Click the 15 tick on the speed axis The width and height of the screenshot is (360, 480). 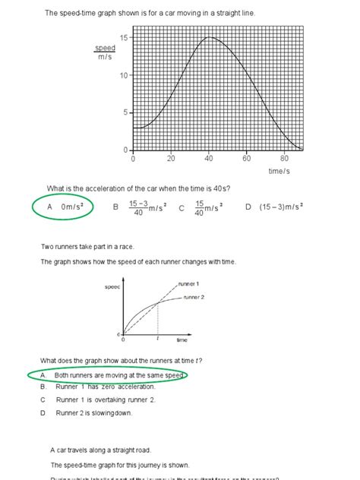[124, 37]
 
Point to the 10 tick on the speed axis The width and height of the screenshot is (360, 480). [124, 75]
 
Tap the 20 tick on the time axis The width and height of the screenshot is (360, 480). [171, 159]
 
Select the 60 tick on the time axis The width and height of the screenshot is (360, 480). [247, 159]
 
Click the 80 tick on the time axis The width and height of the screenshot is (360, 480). [284, 159]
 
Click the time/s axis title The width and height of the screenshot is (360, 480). [279, 172]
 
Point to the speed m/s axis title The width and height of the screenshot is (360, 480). [105, 52]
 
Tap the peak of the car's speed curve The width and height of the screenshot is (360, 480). [209, 37]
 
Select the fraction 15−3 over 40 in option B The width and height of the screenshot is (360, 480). [137, 207]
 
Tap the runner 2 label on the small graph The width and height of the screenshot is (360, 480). [193, 297]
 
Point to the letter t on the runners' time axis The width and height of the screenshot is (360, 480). [157, 339]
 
